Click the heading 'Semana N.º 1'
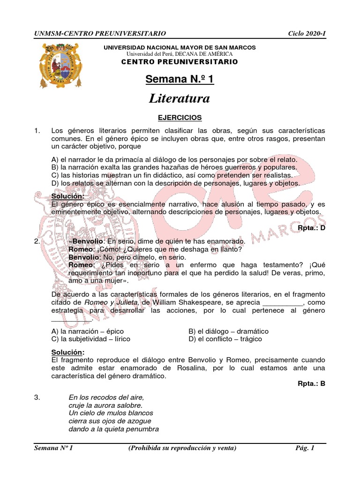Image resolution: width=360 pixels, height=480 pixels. (x=180, y=79)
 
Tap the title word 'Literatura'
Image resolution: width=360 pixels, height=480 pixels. (x=180, y=98)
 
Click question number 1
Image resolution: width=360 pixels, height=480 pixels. (x=38, y=130)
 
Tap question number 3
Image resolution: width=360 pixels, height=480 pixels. (x=37, y=397)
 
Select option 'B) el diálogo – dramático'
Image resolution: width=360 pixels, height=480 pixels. (x=228, y=331)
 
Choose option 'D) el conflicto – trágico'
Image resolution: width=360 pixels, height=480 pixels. (x=225, y=339)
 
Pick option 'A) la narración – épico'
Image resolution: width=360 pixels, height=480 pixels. (x=85, y=331)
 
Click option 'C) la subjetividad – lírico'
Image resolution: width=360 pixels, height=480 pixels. (x=90, y=339)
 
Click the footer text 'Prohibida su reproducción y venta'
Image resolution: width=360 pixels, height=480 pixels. (x=182, y=448)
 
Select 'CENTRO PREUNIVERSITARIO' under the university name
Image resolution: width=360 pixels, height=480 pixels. (x=180, y=62)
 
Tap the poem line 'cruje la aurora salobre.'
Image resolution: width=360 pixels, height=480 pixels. (x=105, y=405)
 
